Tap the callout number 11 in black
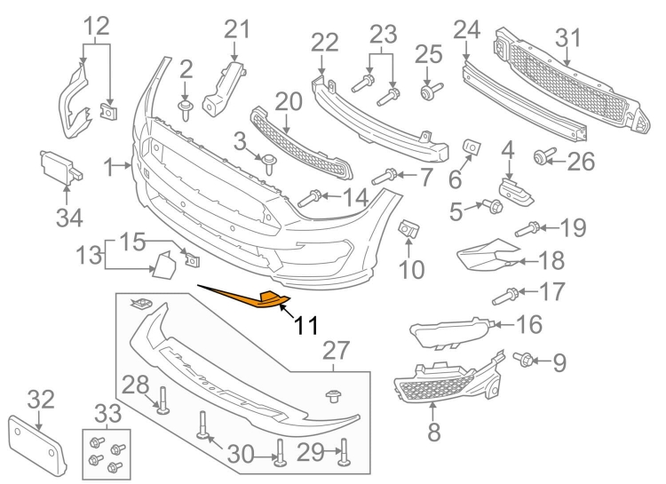305,327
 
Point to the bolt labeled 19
526,229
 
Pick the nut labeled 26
539,158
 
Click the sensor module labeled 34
56,166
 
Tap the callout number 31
567,38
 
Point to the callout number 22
325,42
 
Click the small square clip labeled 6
471,146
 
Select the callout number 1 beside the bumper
108,166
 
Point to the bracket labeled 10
409,229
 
